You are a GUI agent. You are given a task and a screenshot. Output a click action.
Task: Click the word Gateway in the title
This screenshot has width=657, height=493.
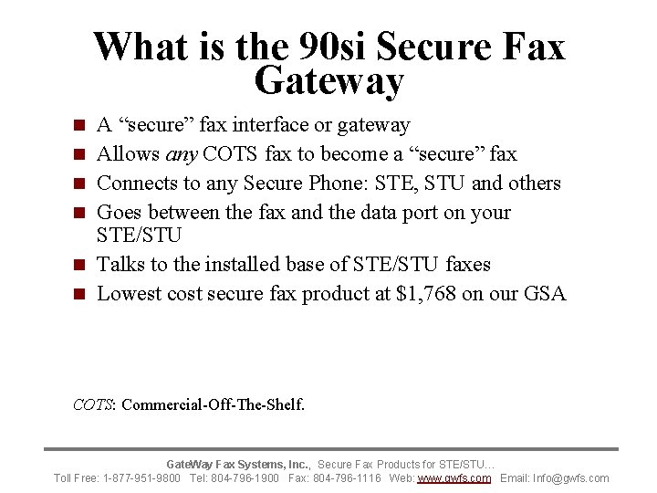(x=329, y=82)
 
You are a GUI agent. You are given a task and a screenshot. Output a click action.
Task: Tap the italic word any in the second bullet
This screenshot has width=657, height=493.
(x=182, y=153)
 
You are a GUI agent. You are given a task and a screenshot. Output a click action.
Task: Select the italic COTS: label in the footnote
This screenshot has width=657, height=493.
(x=94, y=404)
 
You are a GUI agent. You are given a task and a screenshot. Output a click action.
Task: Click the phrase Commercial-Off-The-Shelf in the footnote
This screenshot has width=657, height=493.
(x=212, y=404)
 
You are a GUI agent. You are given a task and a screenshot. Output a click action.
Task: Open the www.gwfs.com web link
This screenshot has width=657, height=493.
(x=454, y=477)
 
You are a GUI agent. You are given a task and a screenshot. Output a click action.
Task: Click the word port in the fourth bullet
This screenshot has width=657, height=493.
(x=422, y=212)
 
